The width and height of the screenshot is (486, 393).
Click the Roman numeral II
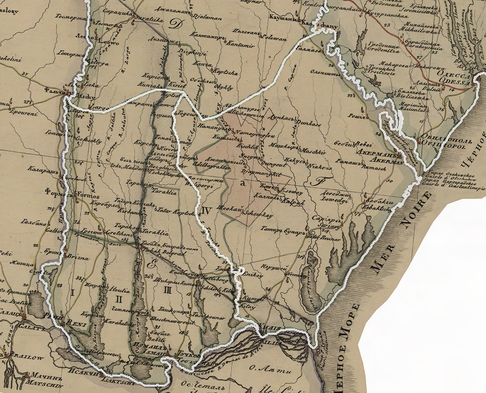point(118,300)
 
